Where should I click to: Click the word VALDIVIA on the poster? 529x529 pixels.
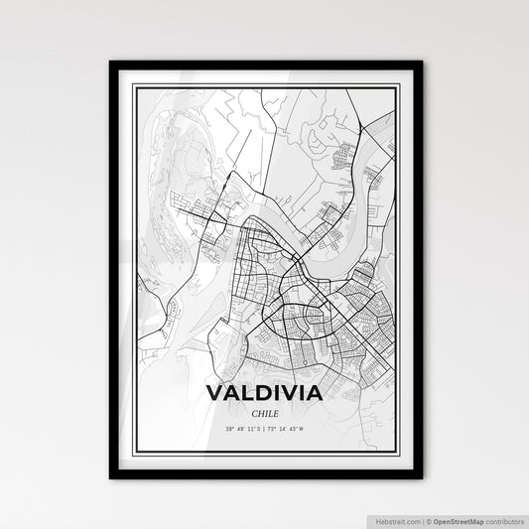[x=264, y=393]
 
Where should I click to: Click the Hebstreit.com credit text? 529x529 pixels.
[x=399, y=519]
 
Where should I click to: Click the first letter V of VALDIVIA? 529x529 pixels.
[x=214, y=393]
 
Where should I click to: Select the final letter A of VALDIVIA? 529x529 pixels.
[x=314, y=393]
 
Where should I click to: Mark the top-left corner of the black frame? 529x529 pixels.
[x=109, y=62]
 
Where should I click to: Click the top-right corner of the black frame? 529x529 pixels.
[x=422, y=62]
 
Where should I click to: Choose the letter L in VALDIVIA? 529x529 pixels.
[x=245, y=393]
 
